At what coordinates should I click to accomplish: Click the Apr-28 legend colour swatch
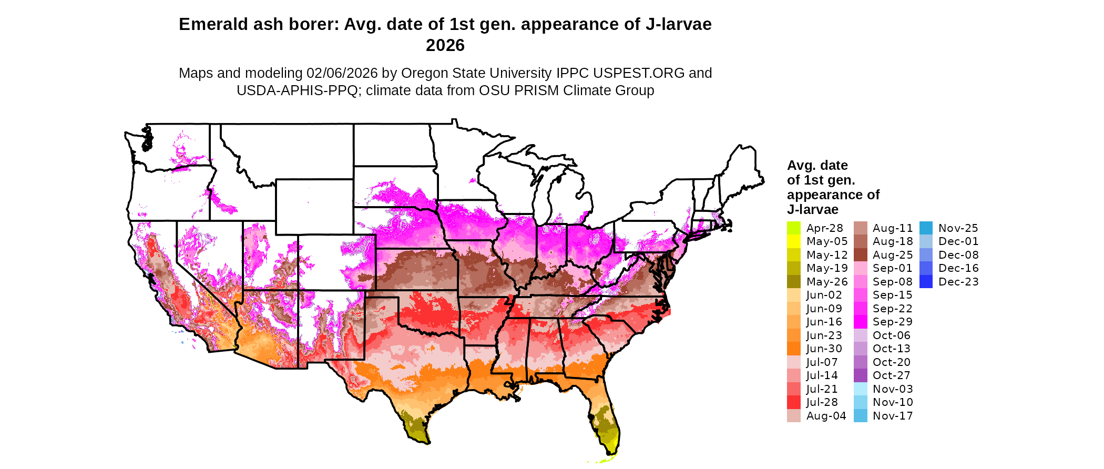coord(794,228)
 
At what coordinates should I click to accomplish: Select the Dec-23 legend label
coord(958,282)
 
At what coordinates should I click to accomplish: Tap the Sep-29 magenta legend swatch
coord(861,322)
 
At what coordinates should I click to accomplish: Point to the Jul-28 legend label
coord(822,402)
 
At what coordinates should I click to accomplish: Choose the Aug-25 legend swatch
coord(861,255)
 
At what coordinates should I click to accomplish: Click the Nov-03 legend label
coord(893,389)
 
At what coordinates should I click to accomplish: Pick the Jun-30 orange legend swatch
coord(794,349)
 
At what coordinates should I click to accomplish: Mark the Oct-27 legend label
coord(892,375)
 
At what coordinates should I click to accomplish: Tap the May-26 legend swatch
coord(794,282)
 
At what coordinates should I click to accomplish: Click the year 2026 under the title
coord(445,46)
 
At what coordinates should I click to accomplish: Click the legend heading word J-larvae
coord(813,210)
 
